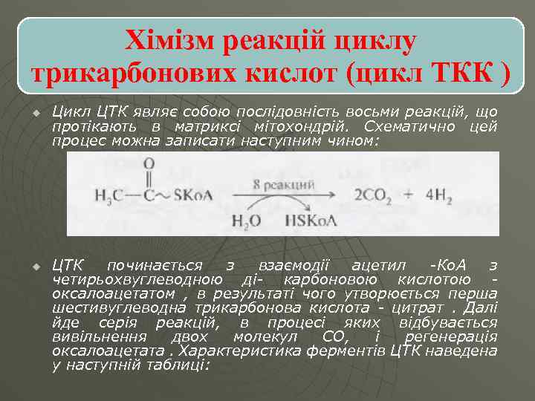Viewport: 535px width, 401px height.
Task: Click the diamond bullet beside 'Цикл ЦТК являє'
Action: [x=34, y=114]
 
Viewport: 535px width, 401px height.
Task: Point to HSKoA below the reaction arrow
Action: [x=312, y=221]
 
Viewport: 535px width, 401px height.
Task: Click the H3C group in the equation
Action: [x=109, y=195]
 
